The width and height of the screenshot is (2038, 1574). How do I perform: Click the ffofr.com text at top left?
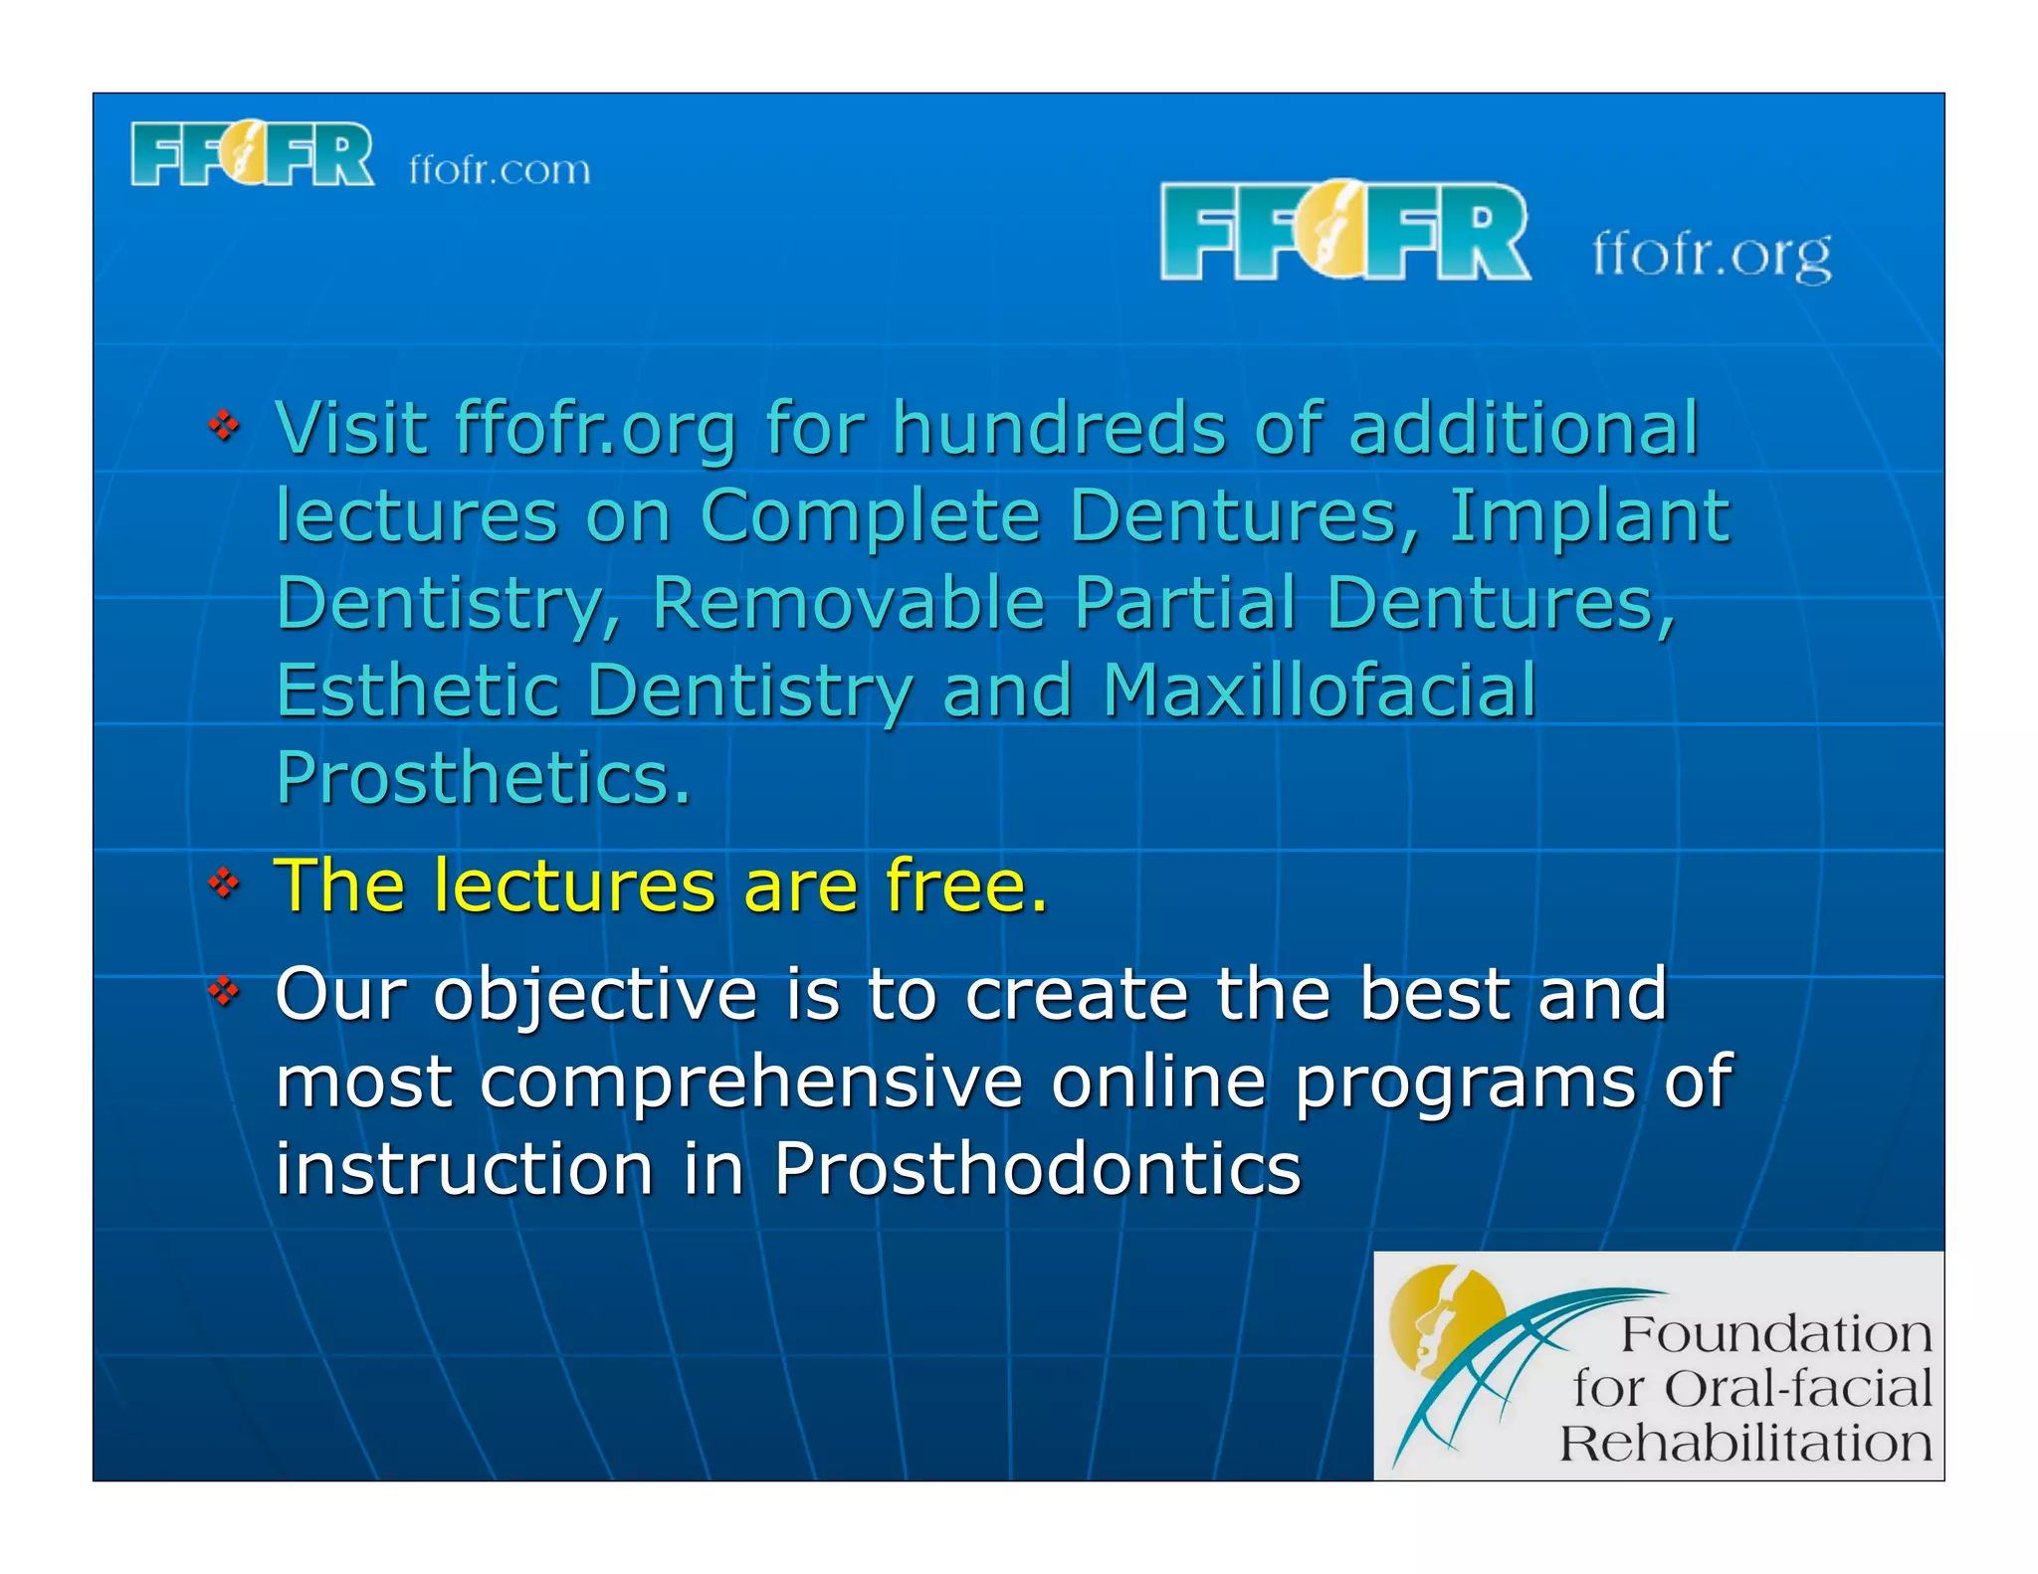tap(500, 170)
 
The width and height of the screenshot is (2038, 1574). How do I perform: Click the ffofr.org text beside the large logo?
tap(1711, 255)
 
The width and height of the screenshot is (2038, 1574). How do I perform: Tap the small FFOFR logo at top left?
tap(253, 154)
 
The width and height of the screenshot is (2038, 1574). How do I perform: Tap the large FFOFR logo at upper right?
tap(1344, 230)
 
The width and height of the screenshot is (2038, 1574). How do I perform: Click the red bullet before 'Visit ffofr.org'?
tap(225, 426)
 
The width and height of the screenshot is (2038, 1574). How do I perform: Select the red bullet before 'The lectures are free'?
tap(225, 882)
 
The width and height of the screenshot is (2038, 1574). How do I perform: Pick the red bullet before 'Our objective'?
tap(225, 990)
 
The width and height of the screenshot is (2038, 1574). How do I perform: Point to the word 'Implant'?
tap(1588, 516)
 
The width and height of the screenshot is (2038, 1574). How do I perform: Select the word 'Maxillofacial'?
tap(1320, 690)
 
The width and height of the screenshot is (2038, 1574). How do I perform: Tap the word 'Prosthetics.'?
tap(483, 778)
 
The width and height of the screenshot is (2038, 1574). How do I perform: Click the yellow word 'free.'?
tap(966, 885)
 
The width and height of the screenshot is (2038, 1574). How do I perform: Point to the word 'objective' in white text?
tap(594, 995)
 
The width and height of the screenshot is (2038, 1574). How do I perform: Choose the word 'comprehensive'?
tap(751, 1082)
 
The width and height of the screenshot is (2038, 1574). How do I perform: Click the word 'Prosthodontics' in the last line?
tap(1037, 1168)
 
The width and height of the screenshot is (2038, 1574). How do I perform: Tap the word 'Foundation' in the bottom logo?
tap(1775, 1334)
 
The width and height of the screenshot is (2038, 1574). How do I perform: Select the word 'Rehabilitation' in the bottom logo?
tap(1745, 1444)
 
